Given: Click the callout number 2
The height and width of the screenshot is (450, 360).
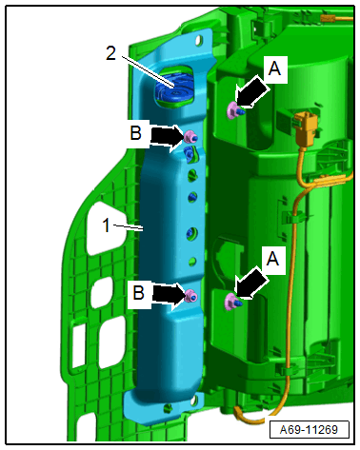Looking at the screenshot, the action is (110, 53).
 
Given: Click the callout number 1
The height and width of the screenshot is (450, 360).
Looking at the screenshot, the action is (107, 225).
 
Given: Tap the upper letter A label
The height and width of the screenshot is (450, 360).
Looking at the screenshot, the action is (274, 68).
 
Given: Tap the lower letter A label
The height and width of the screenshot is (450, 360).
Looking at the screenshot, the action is (272, 259).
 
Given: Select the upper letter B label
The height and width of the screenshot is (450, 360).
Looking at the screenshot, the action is (135, 133).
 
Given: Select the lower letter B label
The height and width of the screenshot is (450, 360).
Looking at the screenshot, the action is (138, 292).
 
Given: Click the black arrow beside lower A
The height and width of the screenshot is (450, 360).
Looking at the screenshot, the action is (251, 284).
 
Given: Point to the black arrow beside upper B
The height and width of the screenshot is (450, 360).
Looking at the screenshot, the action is (167, 137).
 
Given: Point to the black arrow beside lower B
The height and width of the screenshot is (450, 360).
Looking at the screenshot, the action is (169, 295).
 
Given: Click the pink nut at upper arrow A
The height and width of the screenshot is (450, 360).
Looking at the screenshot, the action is (233, 110).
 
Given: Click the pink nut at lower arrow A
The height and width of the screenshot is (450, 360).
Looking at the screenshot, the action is (230, 302).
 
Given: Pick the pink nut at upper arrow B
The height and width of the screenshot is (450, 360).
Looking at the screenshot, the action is (190, 136).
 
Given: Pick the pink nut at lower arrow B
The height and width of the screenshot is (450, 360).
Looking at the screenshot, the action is (191, 296).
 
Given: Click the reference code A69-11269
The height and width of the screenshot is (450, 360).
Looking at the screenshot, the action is (309, 429).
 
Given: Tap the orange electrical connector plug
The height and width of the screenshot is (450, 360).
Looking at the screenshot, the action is (306, 127).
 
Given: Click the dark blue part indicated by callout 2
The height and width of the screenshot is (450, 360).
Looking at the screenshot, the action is (173, 88).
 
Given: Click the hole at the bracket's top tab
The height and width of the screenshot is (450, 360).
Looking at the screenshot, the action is (199, 40).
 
